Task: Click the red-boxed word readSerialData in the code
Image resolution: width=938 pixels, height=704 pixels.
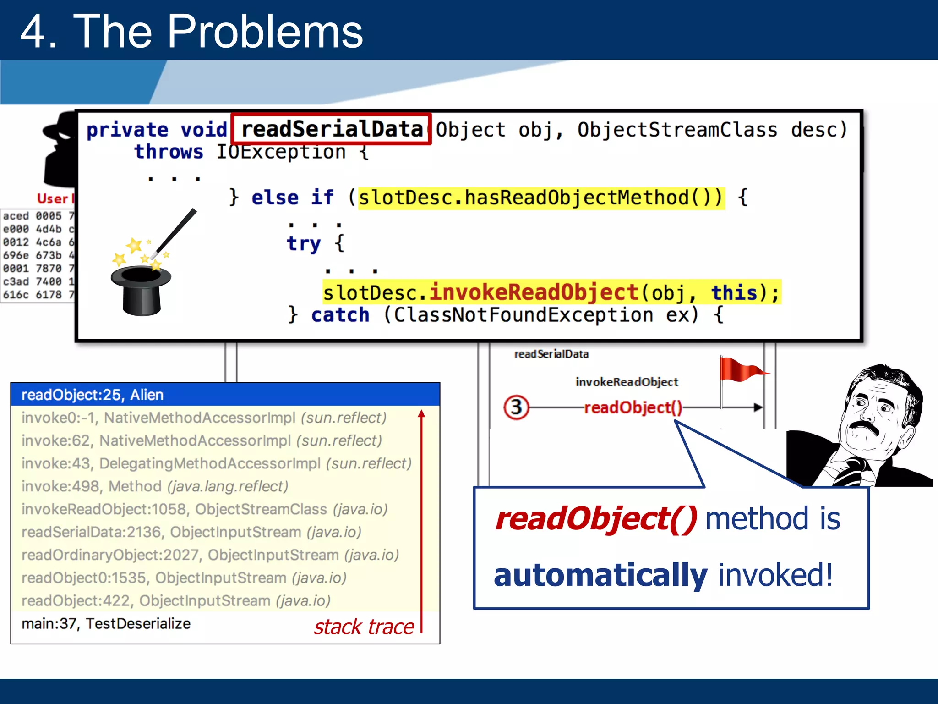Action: [332, 129]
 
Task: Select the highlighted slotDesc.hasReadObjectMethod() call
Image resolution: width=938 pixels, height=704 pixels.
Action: [540, 198]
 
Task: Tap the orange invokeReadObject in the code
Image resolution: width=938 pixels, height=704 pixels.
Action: [534, 292]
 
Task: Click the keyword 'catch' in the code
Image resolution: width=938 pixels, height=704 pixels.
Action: [340, 315]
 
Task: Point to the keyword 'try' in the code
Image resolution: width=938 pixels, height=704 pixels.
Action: [303, 243]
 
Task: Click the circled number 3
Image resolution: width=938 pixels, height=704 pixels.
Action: [516, 407]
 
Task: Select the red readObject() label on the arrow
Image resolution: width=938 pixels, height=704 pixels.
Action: [633, 407]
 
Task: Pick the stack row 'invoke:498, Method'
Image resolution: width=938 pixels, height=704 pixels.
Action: [155, 486]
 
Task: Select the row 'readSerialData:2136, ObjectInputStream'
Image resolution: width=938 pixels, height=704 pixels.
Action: [191, 532]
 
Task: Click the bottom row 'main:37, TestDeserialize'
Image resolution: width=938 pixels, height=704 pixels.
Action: [106, 624]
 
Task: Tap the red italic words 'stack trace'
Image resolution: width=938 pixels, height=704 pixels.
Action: [364, 627]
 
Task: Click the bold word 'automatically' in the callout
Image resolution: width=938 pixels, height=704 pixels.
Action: [600, 575]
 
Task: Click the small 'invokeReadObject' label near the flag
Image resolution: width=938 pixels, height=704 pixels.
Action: [627, 382]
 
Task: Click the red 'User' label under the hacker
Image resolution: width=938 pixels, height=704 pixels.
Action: [53, 199]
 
